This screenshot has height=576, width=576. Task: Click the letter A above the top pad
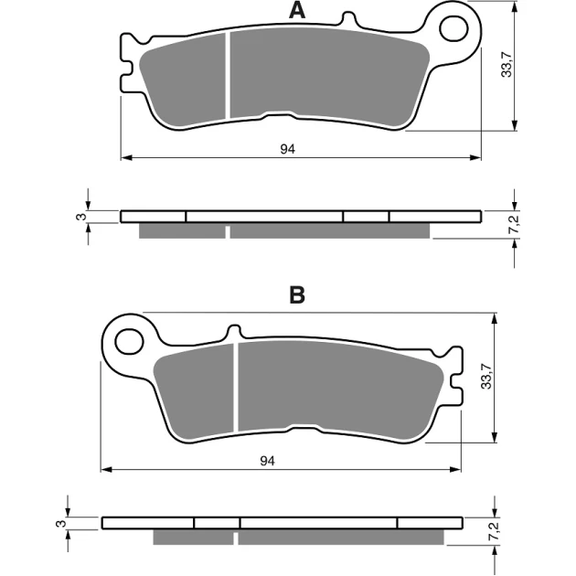(297, 11)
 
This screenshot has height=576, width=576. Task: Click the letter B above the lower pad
(297, 294)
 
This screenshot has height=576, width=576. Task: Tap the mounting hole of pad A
(453, 28)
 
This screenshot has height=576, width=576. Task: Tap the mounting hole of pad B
(129, 342)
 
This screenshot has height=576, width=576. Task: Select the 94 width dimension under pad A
(288, 149)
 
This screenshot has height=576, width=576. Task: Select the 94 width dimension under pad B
(267, 461)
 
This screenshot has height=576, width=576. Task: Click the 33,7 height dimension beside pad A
(507, 65)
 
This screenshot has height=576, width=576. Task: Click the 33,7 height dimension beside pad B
(486, 376)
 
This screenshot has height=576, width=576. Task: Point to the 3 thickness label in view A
(81, 217)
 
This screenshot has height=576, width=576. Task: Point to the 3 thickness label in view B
(61, 523)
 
